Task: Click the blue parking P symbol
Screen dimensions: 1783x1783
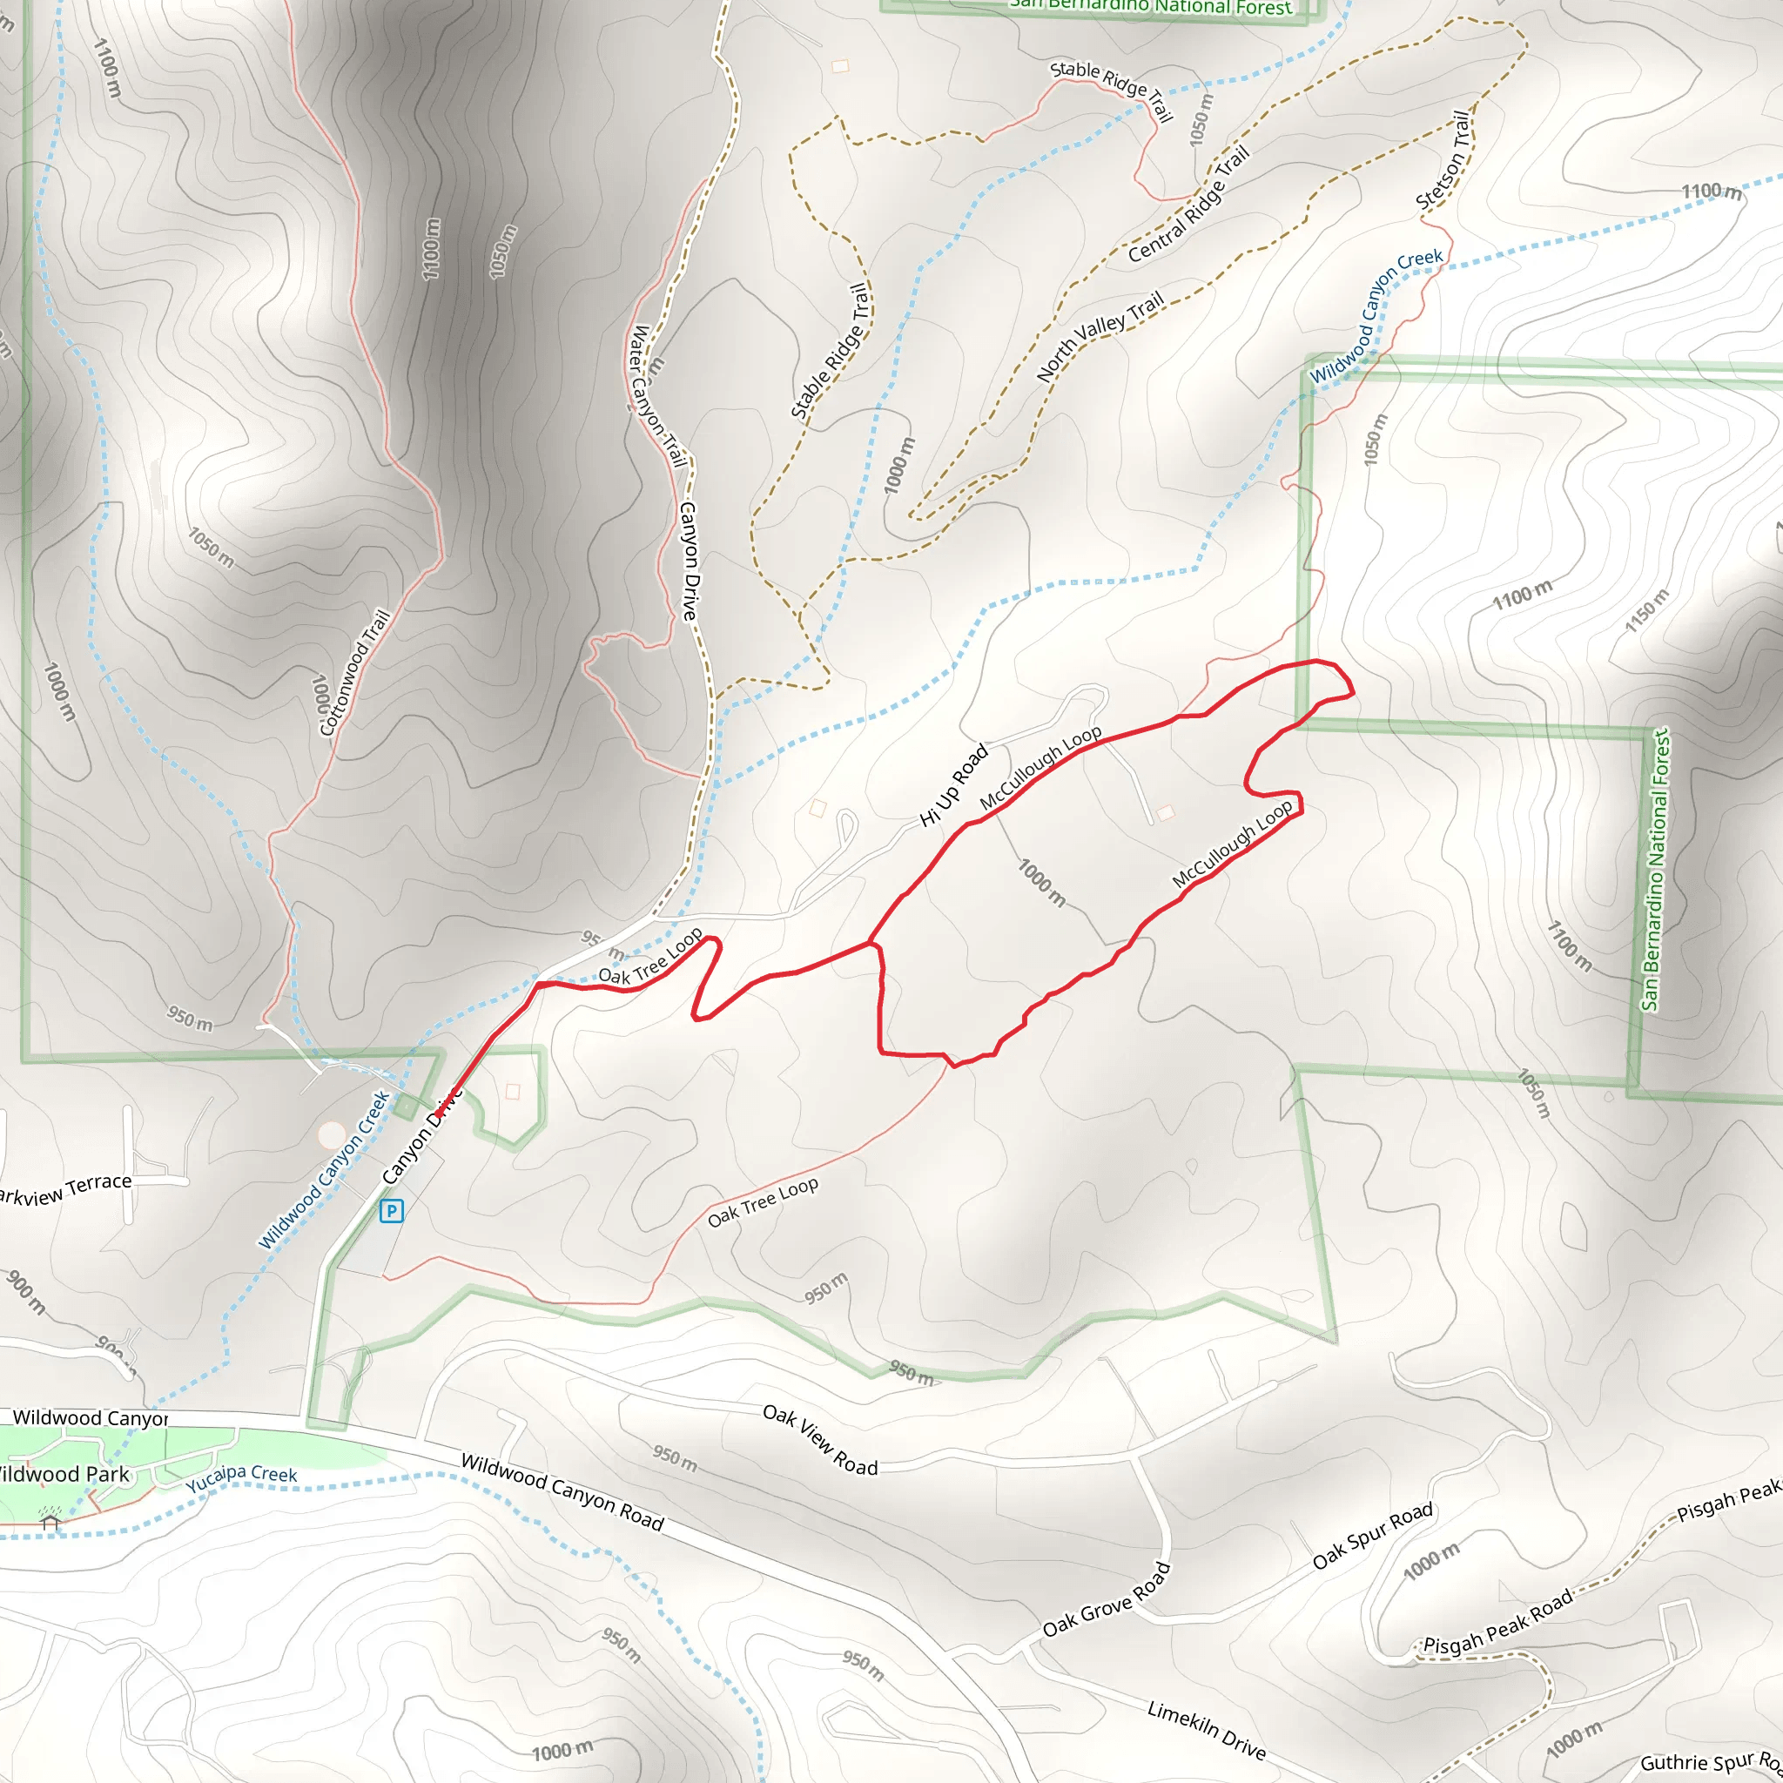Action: pyautogui.click(x=391, y=1211)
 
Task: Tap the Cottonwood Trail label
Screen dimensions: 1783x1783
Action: pyautogui.click(x=354, y=672)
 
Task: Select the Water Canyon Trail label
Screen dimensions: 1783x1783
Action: pyautogui.click(x=657, y=396)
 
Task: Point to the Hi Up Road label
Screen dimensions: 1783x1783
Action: pyautogui.click(x=954, y=784)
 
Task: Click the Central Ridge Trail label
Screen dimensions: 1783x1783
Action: pyautogui.click(x=1188, y=204)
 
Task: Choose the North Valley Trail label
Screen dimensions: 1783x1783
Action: pyautogui.click(x=1100, y=336)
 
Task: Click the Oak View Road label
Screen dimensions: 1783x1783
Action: pyautogui.click(x=819, y=1440)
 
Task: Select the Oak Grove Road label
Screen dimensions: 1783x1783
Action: pyautogui.click(x=1107, y=1599)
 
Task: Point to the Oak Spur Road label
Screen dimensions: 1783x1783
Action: pyautogui.click(x=1372, y=1535)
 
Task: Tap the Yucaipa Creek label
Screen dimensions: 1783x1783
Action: pyautogui.click(x=242, y=1478)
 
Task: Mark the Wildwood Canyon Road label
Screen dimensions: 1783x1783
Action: pyautogui.click(x=562, y=1492)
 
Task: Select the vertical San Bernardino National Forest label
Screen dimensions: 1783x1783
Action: pyautogui.click(x=1655, y=870)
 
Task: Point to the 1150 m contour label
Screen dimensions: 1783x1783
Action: pyautogui.click(x=1647, y=610)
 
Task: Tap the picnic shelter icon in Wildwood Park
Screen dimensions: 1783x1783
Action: pyautogui.click(x=50, y=1522)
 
